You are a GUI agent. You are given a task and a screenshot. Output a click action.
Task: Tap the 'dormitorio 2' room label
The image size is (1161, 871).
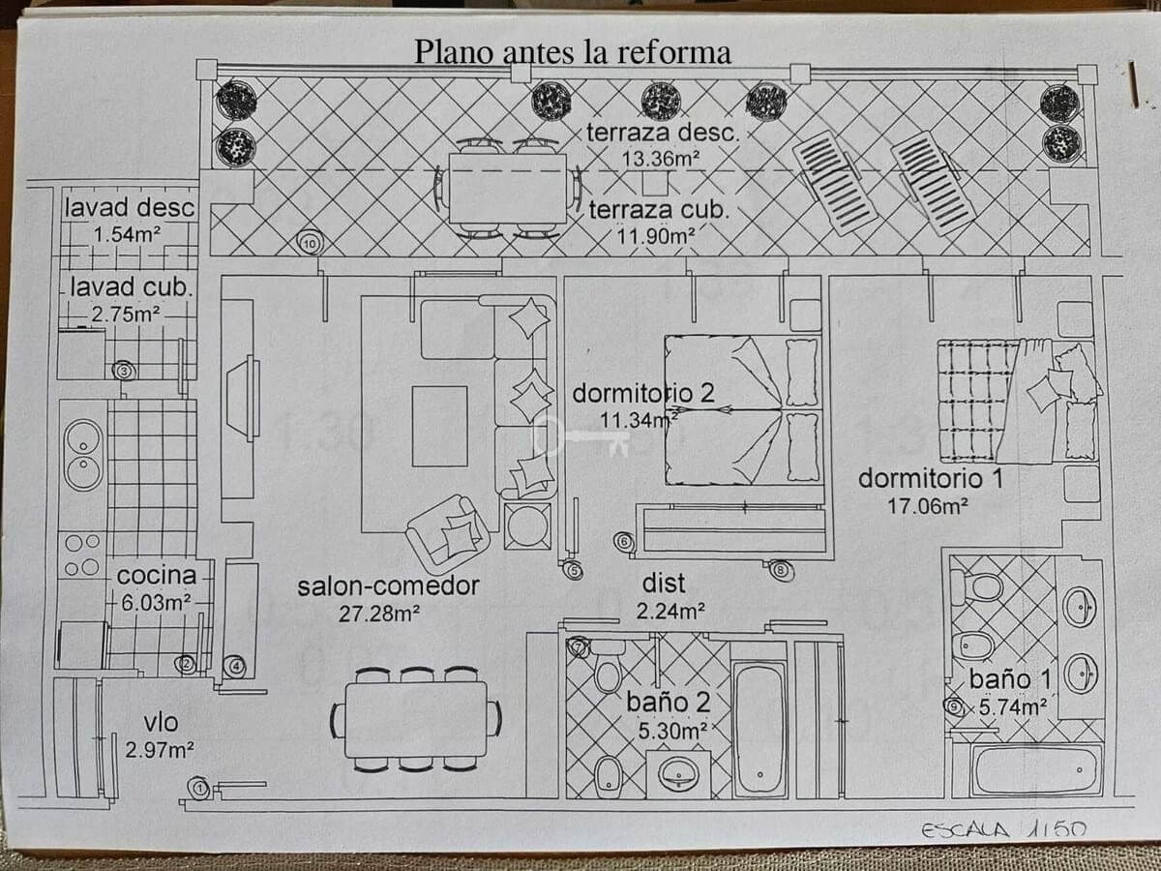pos(643,394)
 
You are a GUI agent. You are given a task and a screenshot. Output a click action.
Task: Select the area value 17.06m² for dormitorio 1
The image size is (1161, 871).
pos(928,504)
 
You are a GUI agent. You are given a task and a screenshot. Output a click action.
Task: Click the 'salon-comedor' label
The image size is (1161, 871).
pos(388,586)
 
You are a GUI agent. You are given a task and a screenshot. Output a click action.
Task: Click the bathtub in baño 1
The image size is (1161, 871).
pos(1036,769)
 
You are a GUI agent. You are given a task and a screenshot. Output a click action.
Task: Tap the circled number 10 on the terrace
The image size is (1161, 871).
pos(309,243)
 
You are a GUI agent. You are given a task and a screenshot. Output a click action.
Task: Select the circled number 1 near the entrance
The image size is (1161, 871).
pos(199,789)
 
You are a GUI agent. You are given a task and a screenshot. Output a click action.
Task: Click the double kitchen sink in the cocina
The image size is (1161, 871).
pos(83,454)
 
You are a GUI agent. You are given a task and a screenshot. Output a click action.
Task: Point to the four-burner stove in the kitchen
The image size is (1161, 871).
pos(82,556)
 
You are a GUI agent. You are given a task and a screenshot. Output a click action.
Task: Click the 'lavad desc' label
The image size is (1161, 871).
pos(130,207)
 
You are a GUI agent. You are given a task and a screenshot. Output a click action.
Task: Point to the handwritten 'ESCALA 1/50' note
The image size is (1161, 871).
pos(1003,829)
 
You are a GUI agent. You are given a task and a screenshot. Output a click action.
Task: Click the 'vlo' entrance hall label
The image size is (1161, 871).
pos(161,724)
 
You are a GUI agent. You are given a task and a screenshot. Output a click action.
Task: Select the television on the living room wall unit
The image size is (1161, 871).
pos(244,398)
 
